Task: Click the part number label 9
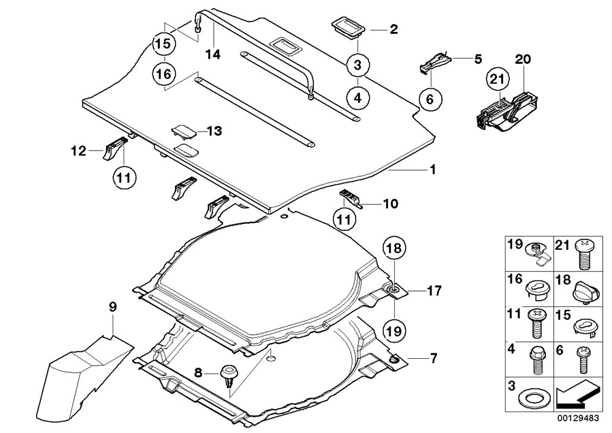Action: click(112, 308)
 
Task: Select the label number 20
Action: click(523, 59)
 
